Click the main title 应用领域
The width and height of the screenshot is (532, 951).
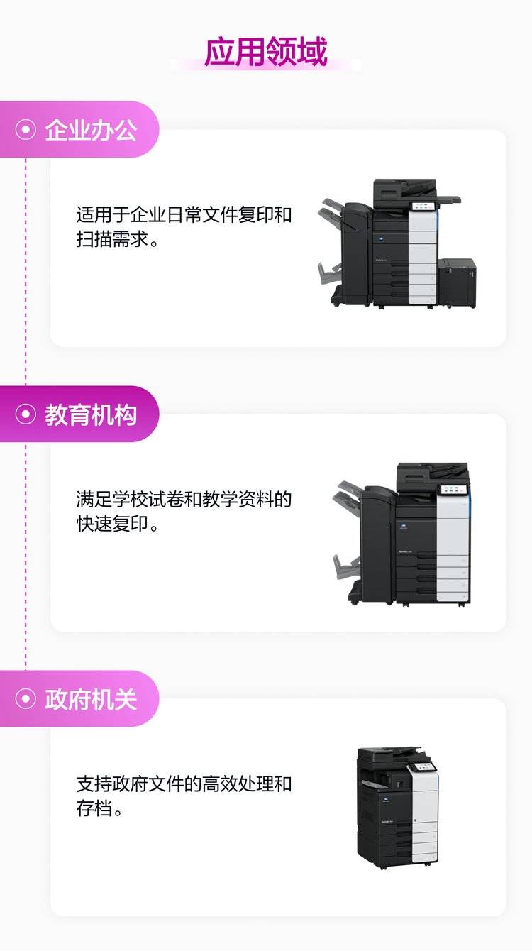pyautogui.click(x=265, y=52)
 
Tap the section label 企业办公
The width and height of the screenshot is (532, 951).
pyautogui.click(x=92, y=130)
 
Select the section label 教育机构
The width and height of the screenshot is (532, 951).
pyautogui.click(x=92, y=414)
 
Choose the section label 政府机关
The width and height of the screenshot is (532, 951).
pyautogui.click(x=92, y=699)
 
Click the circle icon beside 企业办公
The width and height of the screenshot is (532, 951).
pyautogui.click(x=26, y=129)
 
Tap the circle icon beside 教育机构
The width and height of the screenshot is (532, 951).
pyautogui.click(x=26, y=414)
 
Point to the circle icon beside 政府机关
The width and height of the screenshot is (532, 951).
pyautogui.click(x=26, y=698)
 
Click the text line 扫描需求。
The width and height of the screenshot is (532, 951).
pyautogui.click(x=118, y=239)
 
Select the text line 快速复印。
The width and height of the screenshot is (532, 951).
pyautogui.click(x=118, y=524)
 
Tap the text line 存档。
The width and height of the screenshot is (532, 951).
pyautogui.click(x=100, y=808)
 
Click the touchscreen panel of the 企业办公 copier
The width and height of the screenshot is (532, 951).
pyautogui.click(x=423, y=207)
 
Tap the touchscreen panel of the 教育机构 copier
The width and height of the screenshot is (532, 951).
pyautogui.click(x=453, y=490)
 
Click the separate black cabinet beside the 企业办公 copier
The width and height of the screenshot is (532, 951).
pyautogui.click(x=457, y=282)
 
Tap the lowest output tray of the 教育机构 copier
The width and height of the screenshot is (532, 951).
pyautogui.click(x=345, y=566)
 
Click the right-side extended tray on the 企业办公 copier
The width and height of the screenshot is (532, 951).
pyautogui.click(x=449, y=199)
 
